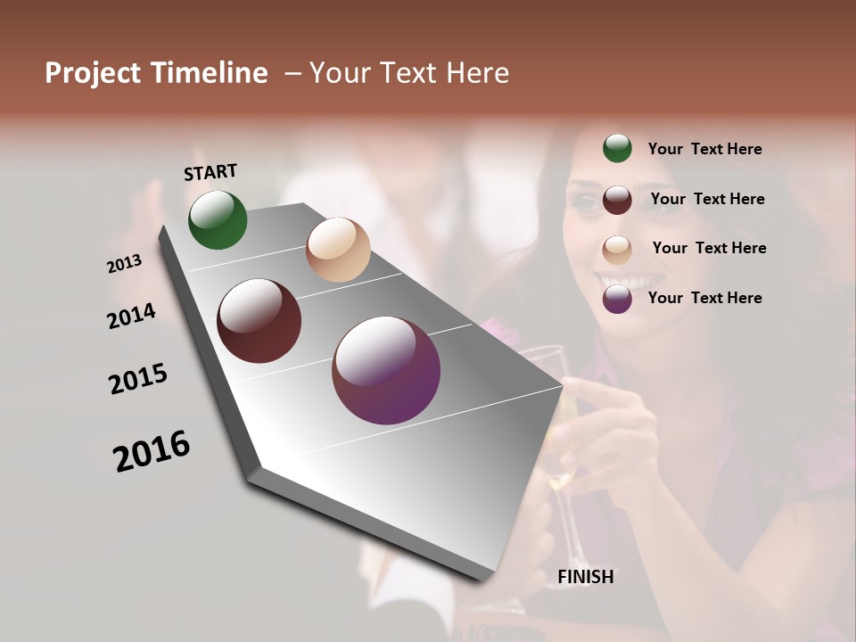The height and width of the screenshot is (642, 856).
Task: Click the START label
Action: [210, 172]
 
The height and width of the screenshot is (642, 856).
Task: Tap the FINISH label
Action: [585, 577]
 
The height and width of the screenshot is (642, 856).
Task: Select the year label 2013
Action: [125, 264]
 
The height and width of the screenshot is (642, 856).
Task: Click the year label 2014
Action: [132, 316]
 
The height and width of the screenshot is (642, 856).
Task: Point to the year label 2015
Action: [138, 378]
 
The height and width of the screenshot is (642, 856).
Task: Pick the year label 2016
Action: [152, 450]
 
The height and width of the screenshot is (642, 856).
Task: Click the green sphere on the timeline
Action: [218, 220]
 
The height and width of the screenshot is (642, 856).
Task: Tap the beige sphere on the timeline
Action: [338, 250]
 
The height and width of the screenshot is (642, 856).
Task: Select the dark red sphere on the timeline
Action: [259, 321]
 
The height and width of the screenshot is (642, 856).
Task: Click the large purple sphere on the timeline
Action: [386, 370]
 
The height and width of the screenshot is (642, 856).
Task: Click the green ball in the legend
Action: [617, 148]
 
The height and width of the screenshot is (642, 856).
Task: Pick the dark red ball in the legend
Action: [617, 200]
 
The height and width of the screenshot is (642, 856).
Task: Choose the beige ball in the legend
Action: [617, 249]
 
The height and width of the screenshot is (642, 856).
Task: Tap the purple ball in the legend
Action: [617, 299]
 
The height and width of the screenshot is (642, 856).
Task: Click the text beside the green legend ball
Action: [704, 149]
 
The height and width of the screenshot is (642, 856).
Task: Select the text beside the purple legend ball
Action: [704, 298]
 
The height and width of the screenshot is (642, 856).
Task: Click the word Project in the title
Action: [92, 73]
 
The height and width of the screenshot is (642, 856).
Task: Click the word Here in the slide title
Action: [478, 73]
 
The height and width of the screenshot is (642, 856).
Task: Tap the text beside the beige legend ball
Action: [709, 248]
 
